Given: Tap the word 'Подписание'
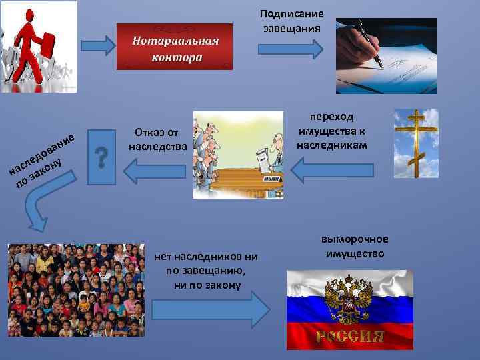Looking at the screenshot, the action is (x=291, y=13).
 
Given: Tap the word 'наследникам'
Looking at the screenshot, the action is (x=332, y=145).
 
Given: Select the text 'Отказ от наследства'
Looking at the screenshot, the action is (x=156, y=137).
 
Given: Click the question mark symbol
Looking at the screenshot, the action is (x=101, y=159).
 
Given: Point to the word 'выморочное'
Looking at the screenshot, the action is (x=354, y=240).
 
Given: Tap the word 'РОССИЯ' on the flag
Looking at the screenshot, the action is (x=349, y=335).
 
